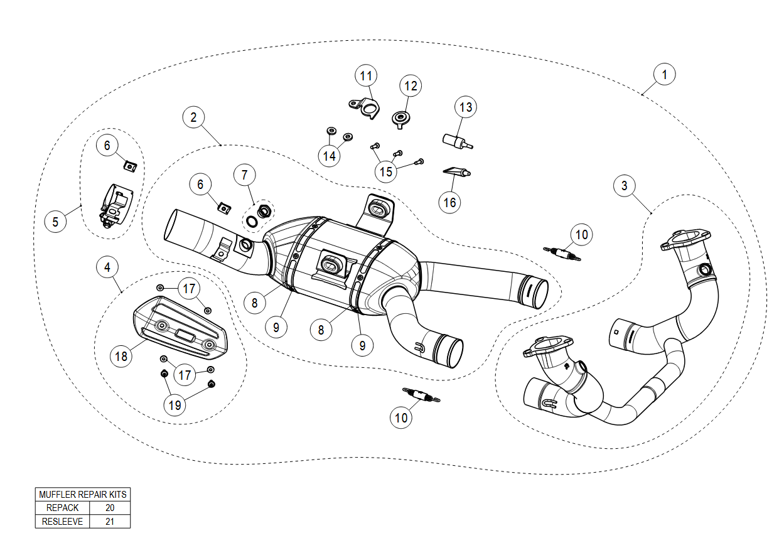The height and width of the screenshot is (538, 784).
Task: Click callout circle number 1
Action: [x=664, y=74]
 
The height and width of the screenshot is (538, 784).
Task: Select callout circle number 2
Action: [x=194, y=117]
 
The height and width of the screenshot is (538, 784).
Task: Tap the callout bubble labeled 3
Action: [x=624, y=186]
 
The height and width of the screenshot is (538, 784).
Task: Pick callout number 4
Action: [x=108, y=267]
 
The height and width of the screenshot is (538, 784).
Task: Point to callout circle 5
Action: [x=55, y=222]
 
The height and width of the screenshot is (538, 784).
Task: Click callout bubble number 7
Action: [x=245, y=176]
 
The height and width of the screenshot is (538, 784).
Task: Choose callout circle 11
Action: [x=366, y=77]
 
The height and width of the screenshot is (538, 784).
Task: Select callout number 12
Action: [x=411, y=85]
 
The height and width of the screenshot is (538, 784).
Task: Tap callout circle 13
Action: [x=465, y=107]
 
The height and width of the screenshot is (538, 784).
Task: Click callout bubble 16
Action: [x=450, y=202]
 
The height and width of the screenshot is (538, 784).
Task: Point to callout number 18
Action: [x=121, y=357]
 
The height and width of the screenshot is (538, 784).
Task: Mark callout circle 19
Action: [x=175, y=405]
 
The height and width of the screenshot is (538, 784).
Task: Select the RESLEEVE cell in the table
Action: [x=62, y=521]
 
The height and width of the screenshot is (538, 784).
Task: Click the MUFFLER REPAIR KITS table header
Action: [x=83, y=495]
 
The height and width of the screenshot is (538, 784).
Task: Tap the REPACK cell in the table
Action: [x=62, y=508]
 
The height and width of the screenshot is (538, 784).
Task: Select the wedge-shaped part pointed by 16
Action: [x=456, y=171]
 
